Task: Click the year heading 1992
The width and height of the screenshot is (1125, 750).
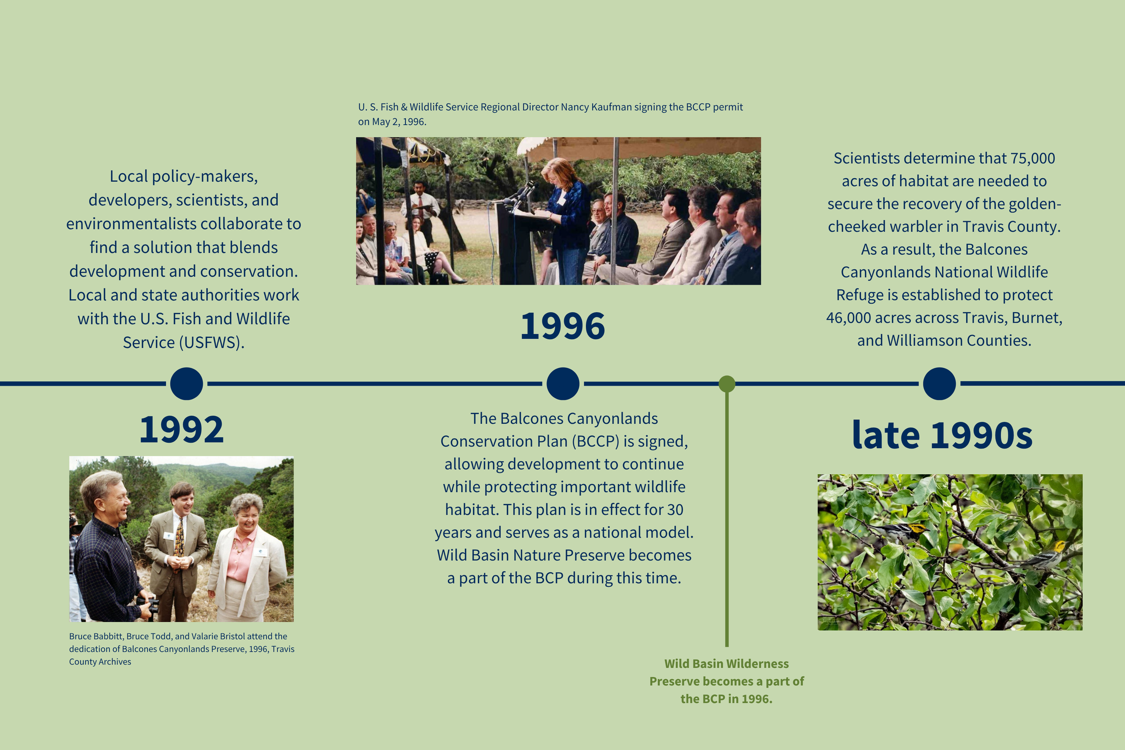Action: pos(181,430)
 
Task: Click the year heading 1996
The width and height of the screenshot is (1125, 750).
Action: pos(562,326)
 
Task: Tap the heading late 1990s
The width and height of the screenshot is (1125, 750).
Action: pos(942,435)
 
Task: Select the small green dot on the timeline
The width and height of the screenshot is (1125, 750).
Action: pos(727,384)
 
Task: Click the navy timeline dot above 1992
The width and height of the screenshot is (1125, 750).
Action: pos(187,384)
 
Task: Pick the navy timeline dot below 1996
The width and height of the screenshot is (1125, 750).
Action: pos(563,384)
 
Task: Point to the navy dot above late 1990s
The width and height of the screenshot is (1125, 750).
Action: pos(940,384)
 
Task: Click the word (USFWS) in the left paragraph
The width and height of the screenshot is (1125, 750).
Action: pos(211,342)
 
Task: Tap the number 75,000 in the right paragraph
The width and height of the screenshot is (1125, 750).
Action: pos(1032,158)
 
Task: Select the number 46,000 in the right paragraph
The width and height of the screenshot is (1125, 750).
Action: pos(849,318)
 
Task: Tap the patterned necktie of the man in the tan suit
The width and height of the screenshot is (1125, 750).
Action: pos(180,538)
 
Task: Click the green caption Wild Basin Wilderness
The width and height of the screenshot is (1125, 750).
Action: pos(726,664)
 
